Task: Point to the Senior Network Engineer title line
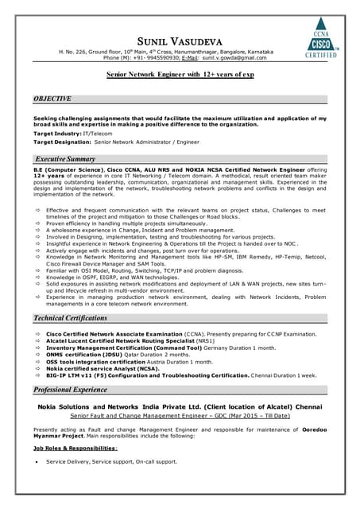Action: point(180,78)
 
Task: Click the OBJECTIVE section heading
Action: point(52,98)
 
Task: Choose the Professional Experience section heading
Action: point(75,390)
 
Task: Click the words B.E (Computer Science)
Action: point(64,170)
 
